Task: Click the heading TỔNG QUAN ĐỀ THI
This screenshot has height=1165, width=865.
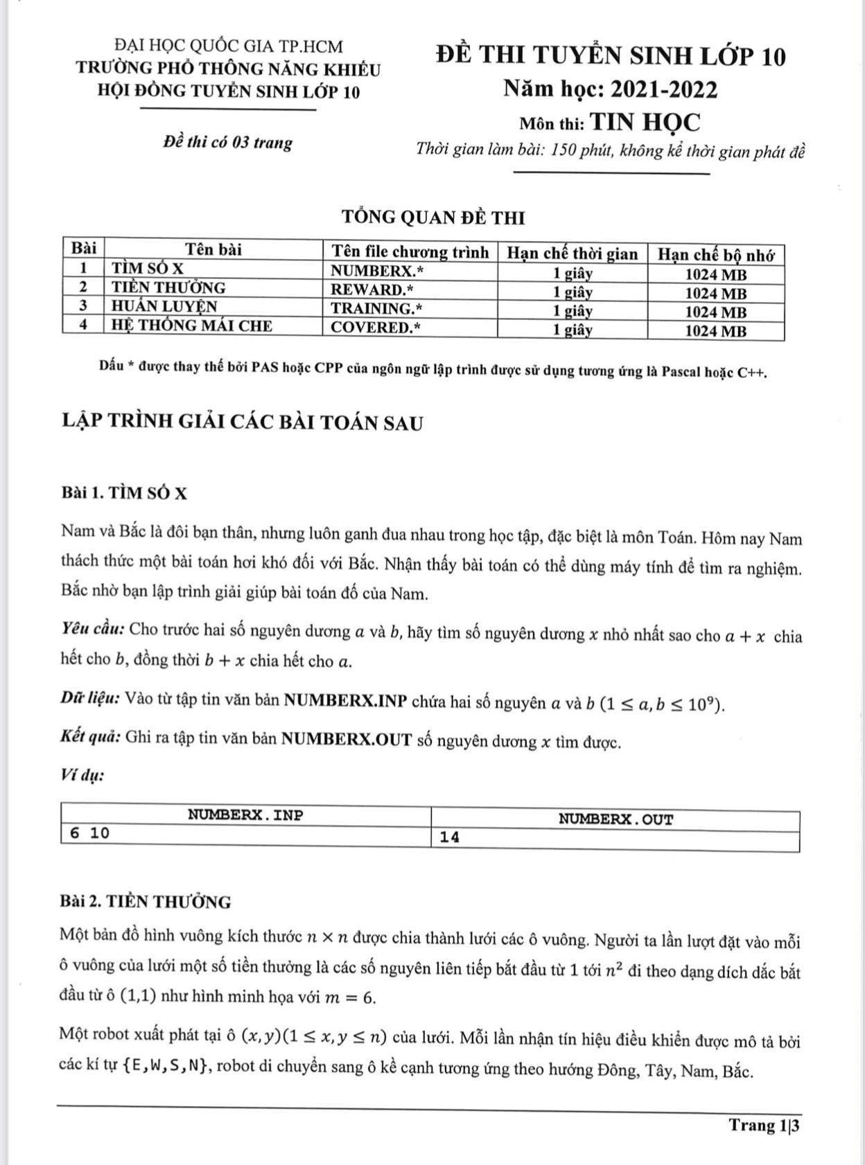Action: pyautogui.click(x=434, y=217)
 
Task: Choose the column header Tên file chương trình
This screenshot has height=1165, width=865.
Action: pyautogui.click(x=410, y=252)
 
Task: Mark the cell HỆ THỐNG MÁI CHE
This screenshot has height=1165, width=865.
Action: pyautogui.click(x=192, y=326)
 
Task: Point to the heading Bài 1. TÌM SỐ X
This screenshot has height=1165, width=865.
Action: pyautogui.click(x=124, y=493)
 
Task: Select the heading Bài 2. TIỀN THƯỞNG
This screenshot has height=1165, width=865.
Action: pyautogui.click(x=146, y=902)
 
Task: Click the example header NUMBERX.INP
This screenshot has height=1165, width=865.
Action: pyautogui.click(x=245, y=815)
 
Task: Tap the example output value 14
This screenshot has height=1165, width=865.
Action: pyautogui.click(x=450, y=837)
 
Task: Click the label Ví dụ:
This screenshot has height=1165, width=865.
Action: pyautogui.click(x=82, y=775)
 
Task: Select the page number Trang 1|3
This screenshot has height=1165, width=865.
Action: pyautogui.click(x=764, y=1125)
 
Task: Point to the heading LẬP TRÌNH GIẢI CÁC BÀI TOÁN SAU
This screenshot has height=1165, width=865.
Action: pyautogui.click(x=242, y=423)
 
